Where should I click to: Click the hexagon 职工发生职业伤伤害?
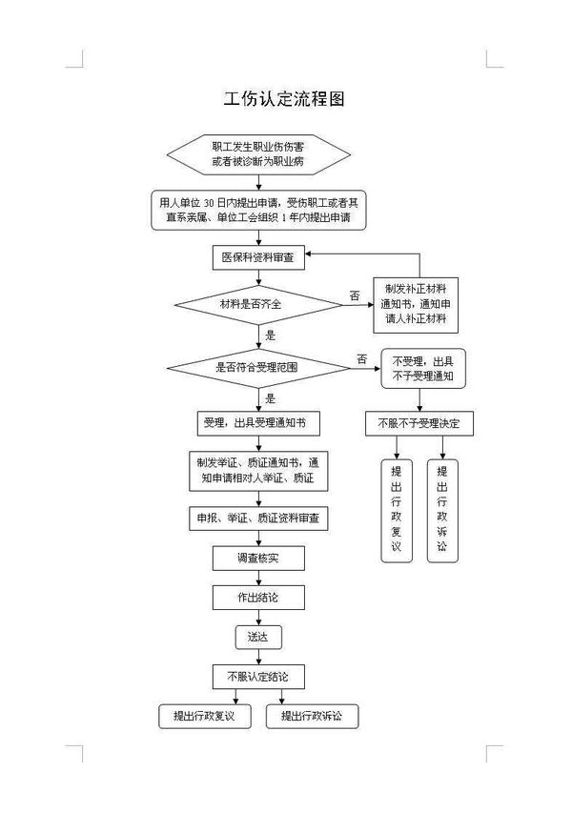(258, 155)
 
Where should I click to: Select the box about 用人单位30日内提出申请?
(258, 210)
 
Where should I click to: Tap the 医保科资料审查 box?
(258, 257)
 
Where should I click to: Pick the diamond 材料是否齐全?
(258, 304)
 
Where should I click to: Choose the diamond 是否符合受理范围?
(258, 367)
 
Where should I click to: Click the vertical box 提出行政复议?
(396, 510)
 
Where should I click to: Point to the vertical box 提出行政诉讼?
(442, 510)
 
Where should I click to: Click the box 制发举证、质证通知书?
(257, 470)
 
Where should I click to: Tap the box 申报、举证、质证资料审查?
(257, 518)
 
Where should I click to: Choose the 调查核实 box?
(257, 558)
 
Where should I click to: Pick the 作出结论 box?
(257, 598)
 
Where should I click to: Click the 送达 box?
(257, 637)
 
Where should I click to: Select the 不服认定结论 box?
(257, 676)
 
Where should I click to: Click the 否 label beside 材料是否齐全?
(355, 296)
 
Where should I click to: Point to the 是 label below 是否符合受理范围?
(271, 398)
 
